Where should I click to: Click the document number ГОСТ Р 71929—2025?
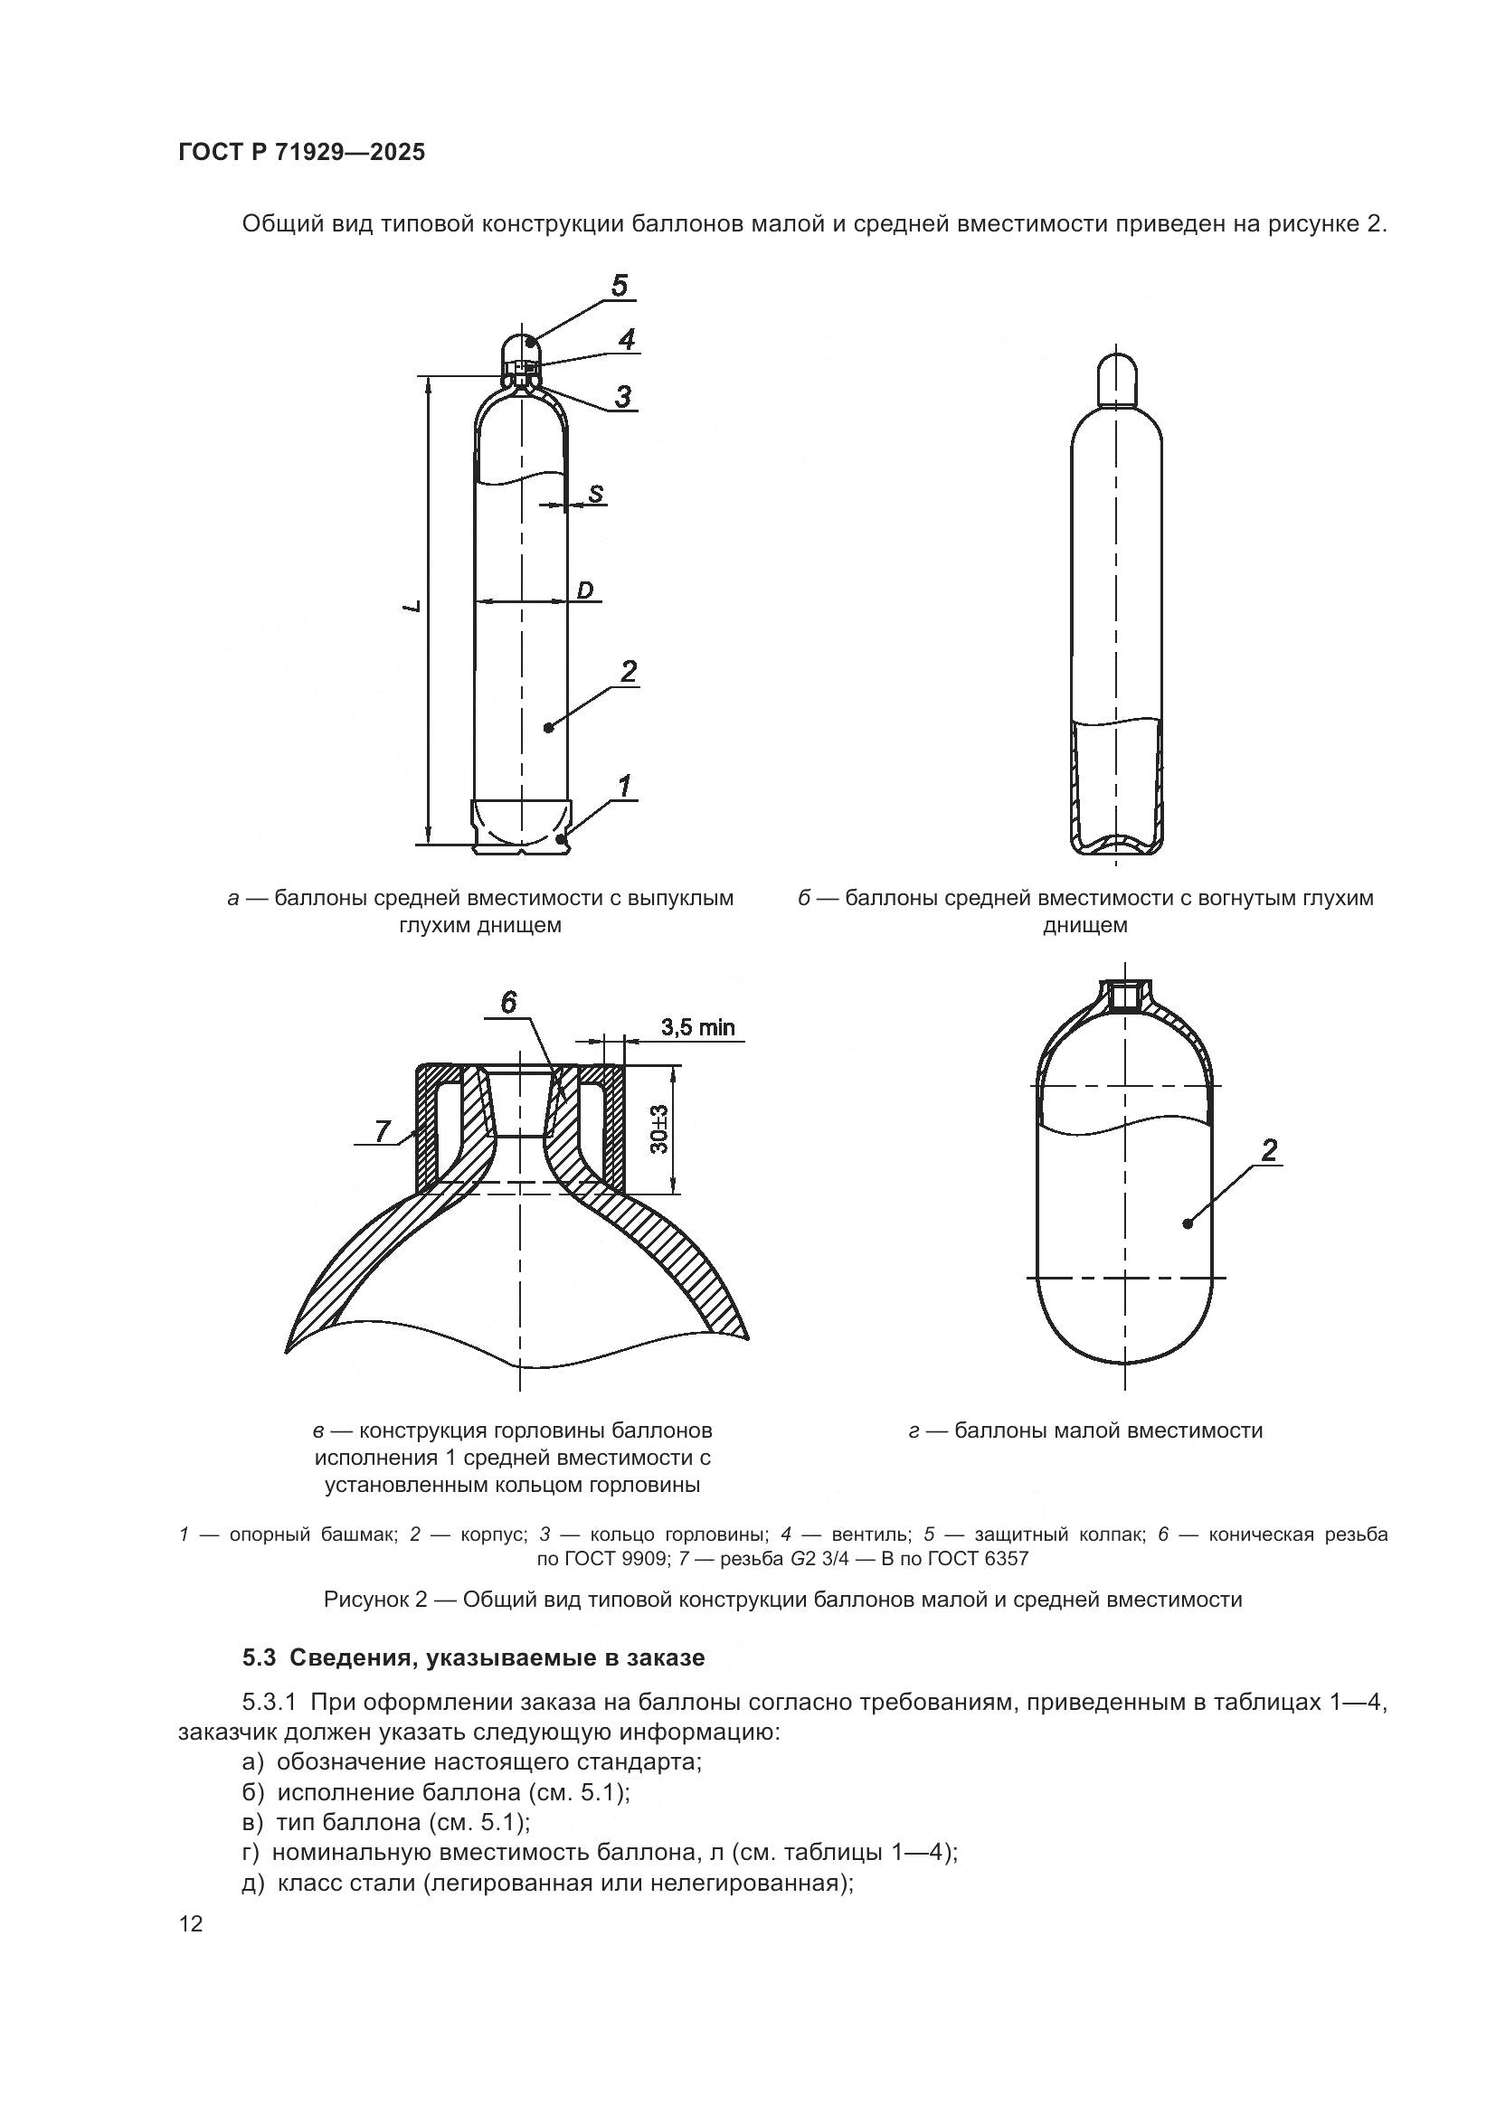[301, 153]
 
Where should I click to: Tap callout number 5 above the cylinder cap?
[619, 286]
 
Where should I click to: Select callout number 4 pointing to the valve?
[627, 340]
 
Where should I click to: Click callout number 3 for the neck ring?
[624, 397]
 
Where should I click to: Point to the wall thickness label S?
[596, 494]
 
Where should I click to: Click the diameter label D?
[585, 590]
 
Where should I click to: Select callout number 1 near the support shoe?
[625, 786]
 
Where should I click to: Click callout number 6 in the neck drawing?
[509, 1002]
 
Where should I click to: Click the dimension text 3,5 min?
[697, 1027]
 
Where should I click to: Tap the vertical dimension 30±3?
[660, 1129]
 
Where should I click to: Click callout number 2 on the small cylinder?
[1269, 1149]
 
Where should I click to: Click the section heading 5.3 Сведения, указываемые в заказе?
[473, 1658]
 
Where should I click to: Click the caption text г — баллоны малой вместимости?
[1085, 1430]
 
